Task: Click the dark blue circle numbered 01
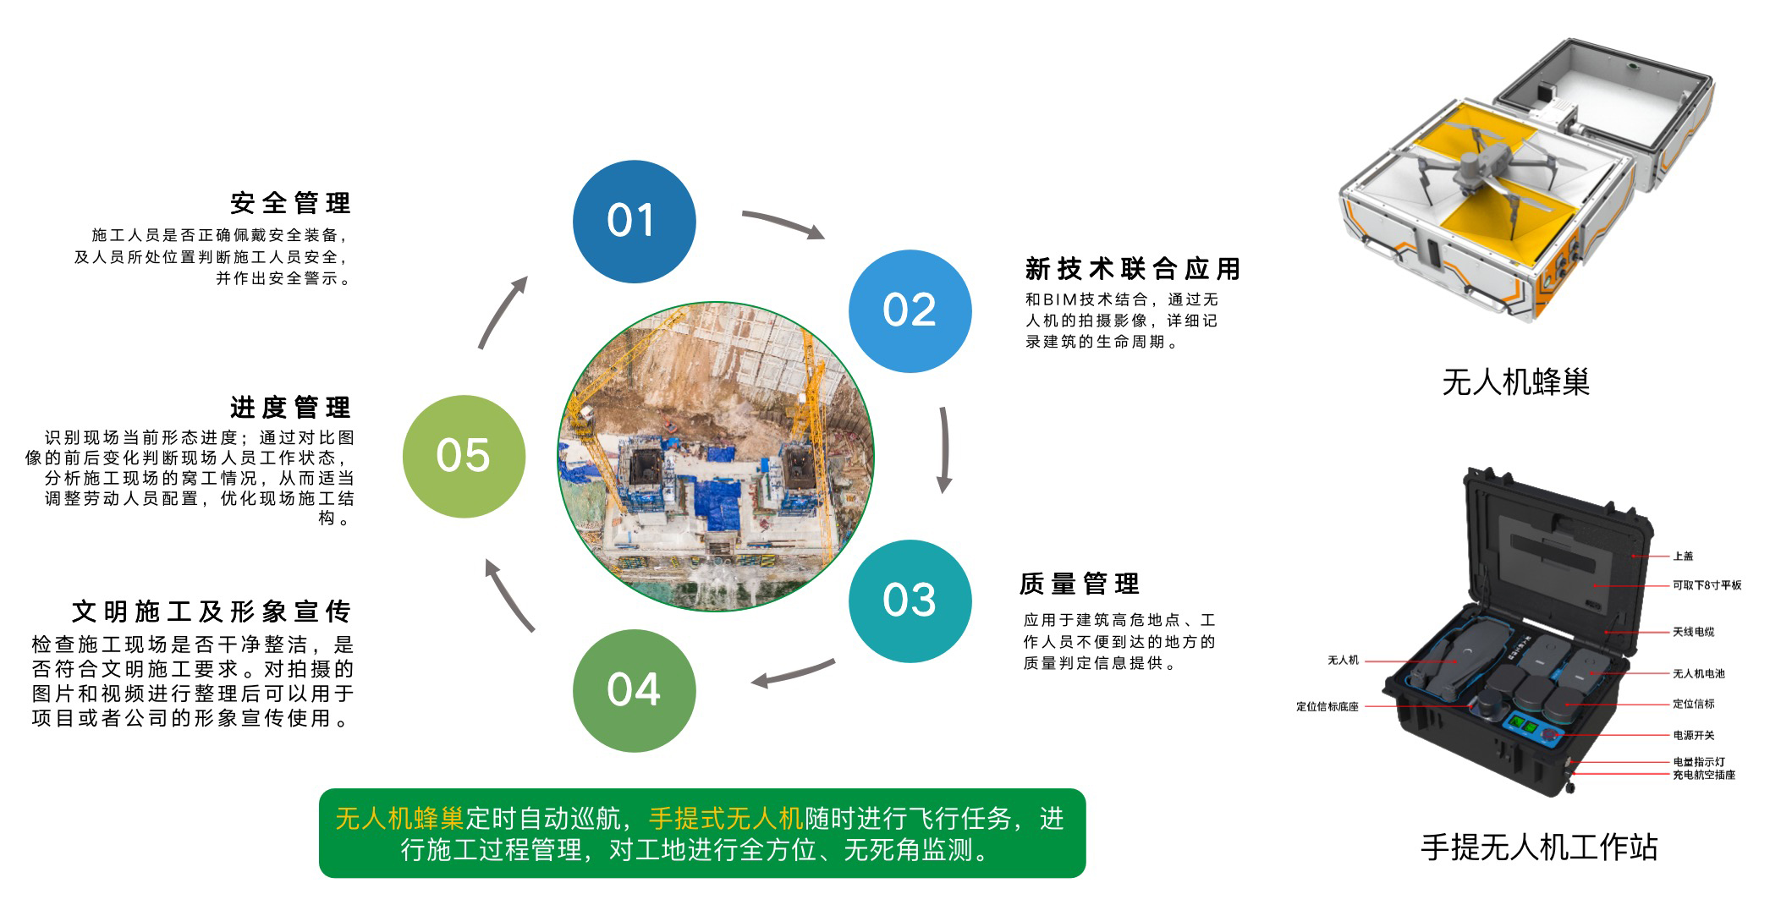(634, 222)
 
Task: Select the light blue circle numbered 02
(910, 310)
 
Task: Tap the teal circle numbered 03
(910, 601)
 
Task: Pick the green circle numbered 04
(634, 690)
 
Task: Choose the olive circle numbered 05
(464, 456)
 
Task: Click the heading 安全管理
(290, 203)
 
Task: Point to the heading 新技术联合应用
(1132, 269)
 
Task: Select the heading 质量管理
(1080, 584)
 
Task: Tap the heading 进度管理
(290, 408)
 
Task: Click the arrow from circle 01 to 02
(783, 223)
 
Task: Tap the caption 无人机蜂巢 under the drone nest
(1515, 382)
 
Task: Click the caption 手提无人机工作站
(1538, 847)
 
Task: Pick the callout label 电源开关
(1693, 735)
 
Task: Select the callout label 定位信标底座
(1327, 706)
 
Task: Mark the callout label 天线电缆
(1693, 632)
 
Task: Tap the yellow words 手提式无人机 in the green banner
(725, 818)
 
